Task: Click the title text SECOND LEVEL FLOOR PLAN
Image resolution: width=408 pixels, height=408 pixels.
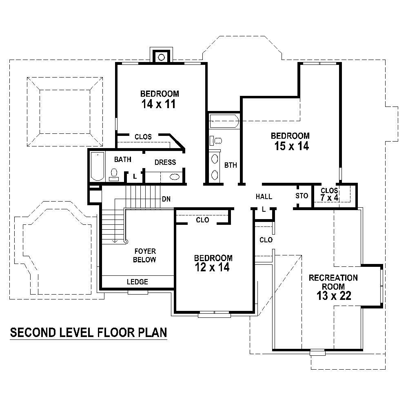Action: coord(88,333)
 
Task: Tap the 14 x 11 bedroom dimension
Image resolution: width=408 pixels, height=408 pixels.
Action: coord(159,104)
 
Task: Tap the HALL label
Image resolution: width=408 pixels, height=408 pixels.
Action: coord(264,197)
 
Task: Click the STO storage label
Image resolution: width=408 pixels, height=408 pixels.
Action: coord(302,196)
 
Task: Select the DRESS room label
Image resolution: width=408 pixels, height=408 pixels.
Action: coord(165,162)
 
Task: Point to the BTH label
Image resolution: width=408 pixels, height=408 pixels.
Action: coord(231,165)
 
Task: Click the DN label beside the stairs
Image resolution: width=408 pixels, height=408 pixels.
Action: coord(166,199)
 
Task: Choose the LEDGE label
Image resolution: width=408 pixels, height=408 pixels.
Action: coord(137,282)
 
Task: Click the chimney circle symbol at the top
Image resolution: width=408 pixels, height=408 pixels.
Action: coord(162,57)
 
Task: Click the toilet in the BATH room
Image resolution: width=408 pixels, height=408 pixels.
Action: coord(114,174)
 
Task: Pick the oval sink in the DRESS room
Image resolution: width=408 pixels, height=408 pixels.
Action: coord(174,177)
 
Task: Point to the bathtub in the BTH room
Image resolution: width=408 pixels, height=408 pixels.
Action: coord(224,122)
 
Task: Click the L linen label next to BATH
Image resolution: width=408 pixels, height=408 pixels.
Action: coord(134,177)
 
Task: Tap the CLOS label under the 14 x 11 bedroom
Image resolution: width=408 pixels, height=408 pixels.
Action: coord(143,137)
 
